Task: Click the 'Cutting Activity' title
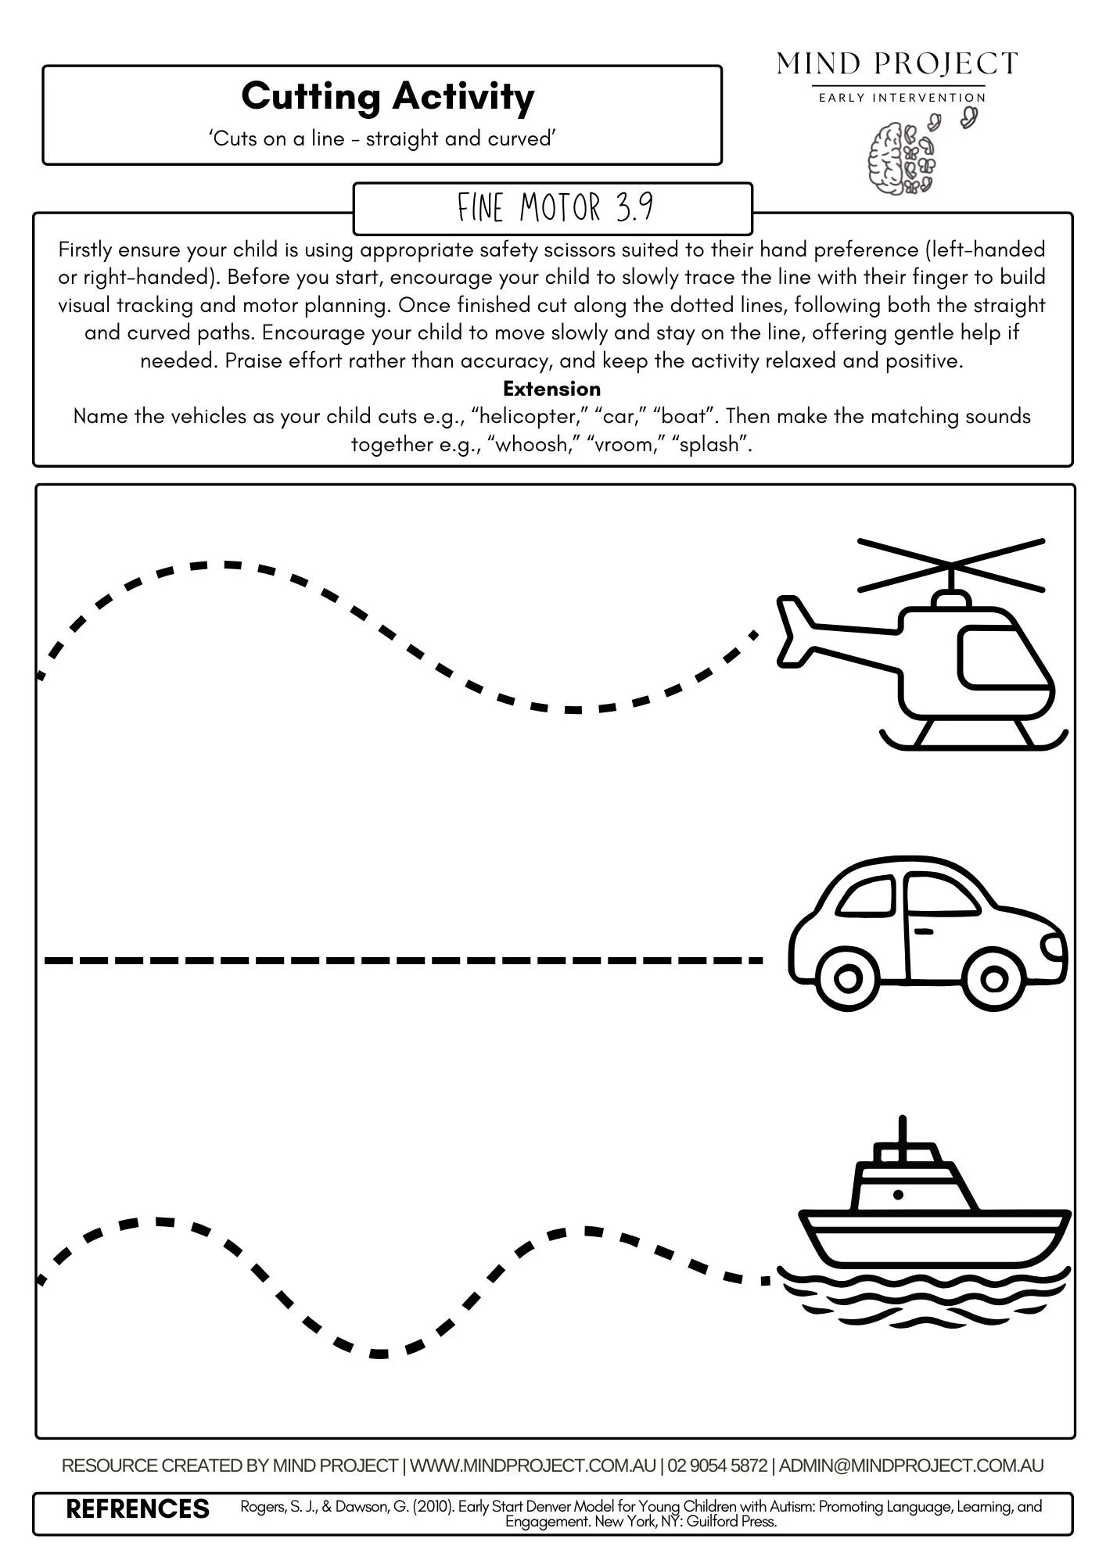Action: point(387,97)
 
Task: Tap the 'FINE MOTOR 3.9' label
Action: point(554,208)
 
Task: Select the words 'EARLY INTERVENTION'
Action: point(901,98)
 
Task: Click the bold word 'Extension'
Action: point(551,389)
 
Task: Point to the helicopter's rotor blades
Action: point(951,564)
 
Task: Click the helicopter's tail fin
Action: point(793,630)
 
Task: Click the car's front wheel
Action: point(993,978)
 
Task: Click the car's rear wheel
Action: point(847,978)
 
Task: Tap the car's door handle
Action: point(924,931)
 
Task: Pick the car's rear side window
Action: point(867,897)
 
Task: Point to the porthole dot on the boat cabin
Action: point(898,1194)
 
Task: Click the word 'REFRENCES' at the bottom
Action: point(138,1508)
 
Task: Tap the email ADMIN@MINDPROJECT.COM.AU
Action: point(910,1465)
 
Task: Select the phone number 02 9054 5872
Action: point(717,1465)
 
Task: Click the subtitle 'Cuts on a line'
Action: point(382,138)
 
